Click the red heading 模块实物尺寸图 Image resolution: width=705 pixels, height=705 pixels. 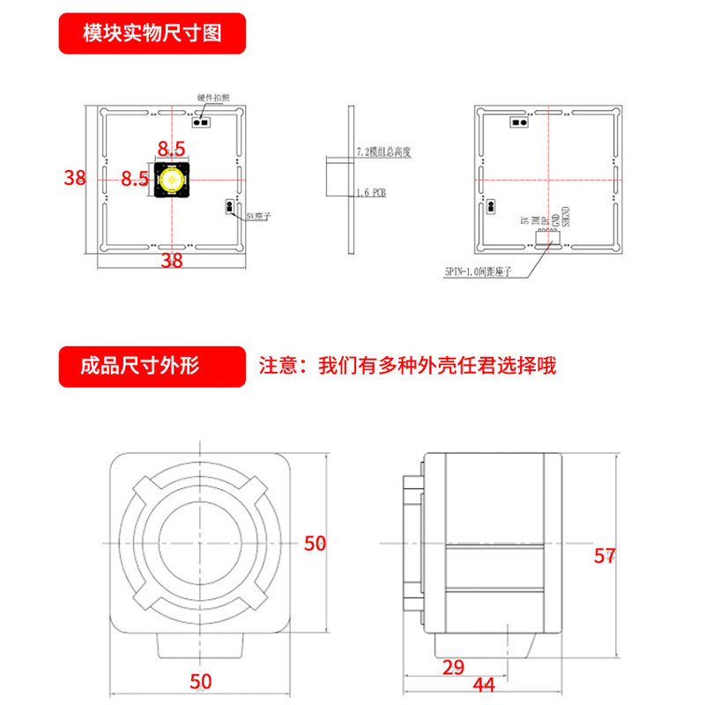151,34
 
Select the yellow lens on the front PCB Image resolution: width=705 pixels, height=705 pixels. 171,179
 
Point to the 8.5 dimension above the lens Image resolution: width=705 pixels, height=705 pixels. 171,147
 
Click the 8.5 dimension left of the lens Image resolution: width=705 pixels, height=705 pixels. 134,179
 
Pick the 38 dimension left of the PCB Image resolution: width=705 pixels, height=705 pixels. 75,177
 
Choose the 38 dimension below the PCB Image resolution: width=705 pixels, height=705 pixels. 172,260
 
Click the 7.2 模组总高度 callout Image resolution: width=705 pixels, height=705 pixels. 383,152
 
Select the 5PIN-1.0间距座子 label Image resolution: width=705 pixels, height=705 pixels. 483,272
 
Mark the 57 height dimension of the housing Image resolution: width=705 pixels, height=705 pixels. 604,556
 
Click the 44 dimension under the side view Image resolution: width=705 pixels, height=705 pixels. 484,685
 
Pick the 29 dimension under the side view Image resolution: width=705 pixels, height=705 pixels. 453,667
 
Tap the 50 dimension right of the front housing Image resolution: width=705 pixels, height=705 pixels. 315,543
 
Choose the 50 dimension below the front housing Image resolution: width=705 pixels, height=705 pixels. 202,680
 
